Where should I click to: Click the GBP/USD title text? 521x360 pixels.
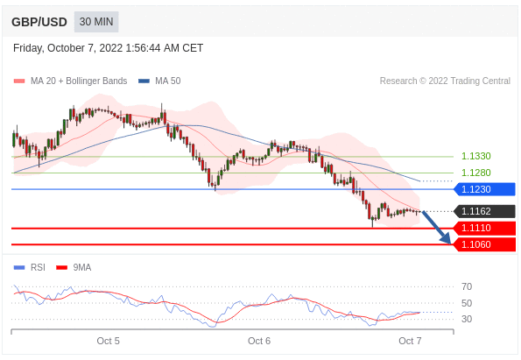point(39,22)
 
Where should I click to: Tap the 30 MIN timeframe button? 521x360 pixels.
point(96,22)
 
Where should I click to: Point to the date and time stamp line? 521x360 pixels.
point(108,48)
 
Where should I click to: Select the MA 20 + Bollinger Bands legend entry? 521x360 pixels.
point(70,81)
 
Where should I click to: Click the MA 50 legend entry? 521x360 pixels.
point(159,81)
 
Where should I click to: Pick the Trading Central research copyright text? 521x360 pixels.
point(445,81)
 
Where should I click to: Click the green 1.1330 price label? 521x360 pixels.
point(475,156)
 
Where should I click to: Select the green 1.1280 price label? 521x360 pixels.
point(475,173)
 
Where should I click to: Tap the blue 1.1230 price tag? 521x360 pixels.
point(484,189)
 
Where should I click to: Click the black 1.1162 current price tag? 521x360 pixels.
point(484,211)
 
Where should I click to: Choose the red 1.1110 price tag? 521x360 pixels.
point(484,228)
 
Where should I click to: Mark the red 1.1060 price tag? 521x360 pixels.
point(484,244)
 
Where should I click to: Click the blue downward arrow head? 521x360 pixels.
point(447,238)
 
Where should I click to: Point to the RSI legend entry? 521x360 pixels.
point(30,267)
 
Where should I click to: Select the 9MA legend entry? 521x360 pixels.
point(74,267)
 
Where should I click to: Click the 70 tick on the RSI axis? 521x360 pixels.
point(467,286)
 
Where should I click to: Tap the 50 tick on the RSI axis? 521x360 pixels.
point(467,303)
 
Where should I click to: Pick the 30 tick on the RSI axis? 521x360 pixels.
point(467,319)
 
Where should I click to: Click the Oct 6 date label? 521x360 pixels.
point(259,341)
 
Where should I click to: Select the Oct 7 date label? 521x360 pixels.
point(410,341)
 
